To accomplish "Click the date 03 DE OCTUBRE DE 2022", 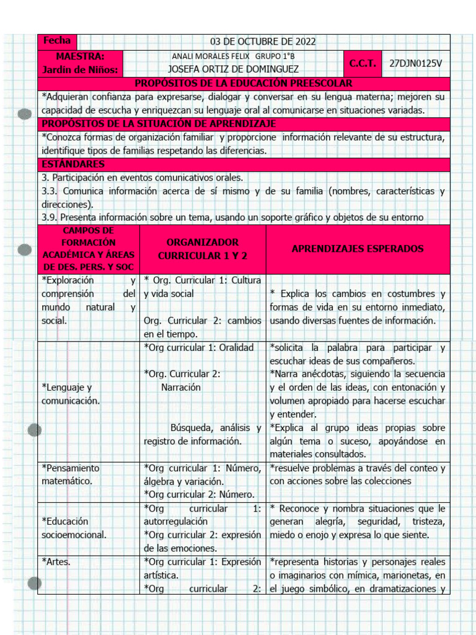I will pos(263,42).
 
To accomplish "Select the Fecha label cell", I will pos(57,41).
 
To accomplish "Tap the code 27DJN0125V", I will pos(416,63).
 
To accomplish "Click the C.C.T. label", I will pos(363,63).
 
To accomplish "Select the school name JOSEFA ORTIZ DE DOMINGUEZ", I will pos(233,69).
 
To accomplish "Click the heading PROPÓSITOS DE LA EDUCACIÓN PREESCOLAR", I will pos(244,83).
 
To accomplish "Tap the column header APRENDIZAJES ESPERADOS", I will pos(358,249).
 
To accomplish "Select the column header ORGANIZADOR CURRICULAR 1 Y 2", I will pos(202,249).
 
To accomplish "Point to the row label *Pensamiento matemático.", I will pos(70,474).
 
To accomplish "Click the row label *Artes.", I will pos(56,562).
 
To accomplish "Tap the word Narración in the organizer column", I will pos(181,388).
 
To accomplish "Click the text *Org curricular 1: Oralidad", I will pos(199,348).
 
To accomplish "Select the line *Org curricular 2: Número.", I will pos(199,495).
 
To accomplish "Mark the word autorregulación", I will pos(176,522).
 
